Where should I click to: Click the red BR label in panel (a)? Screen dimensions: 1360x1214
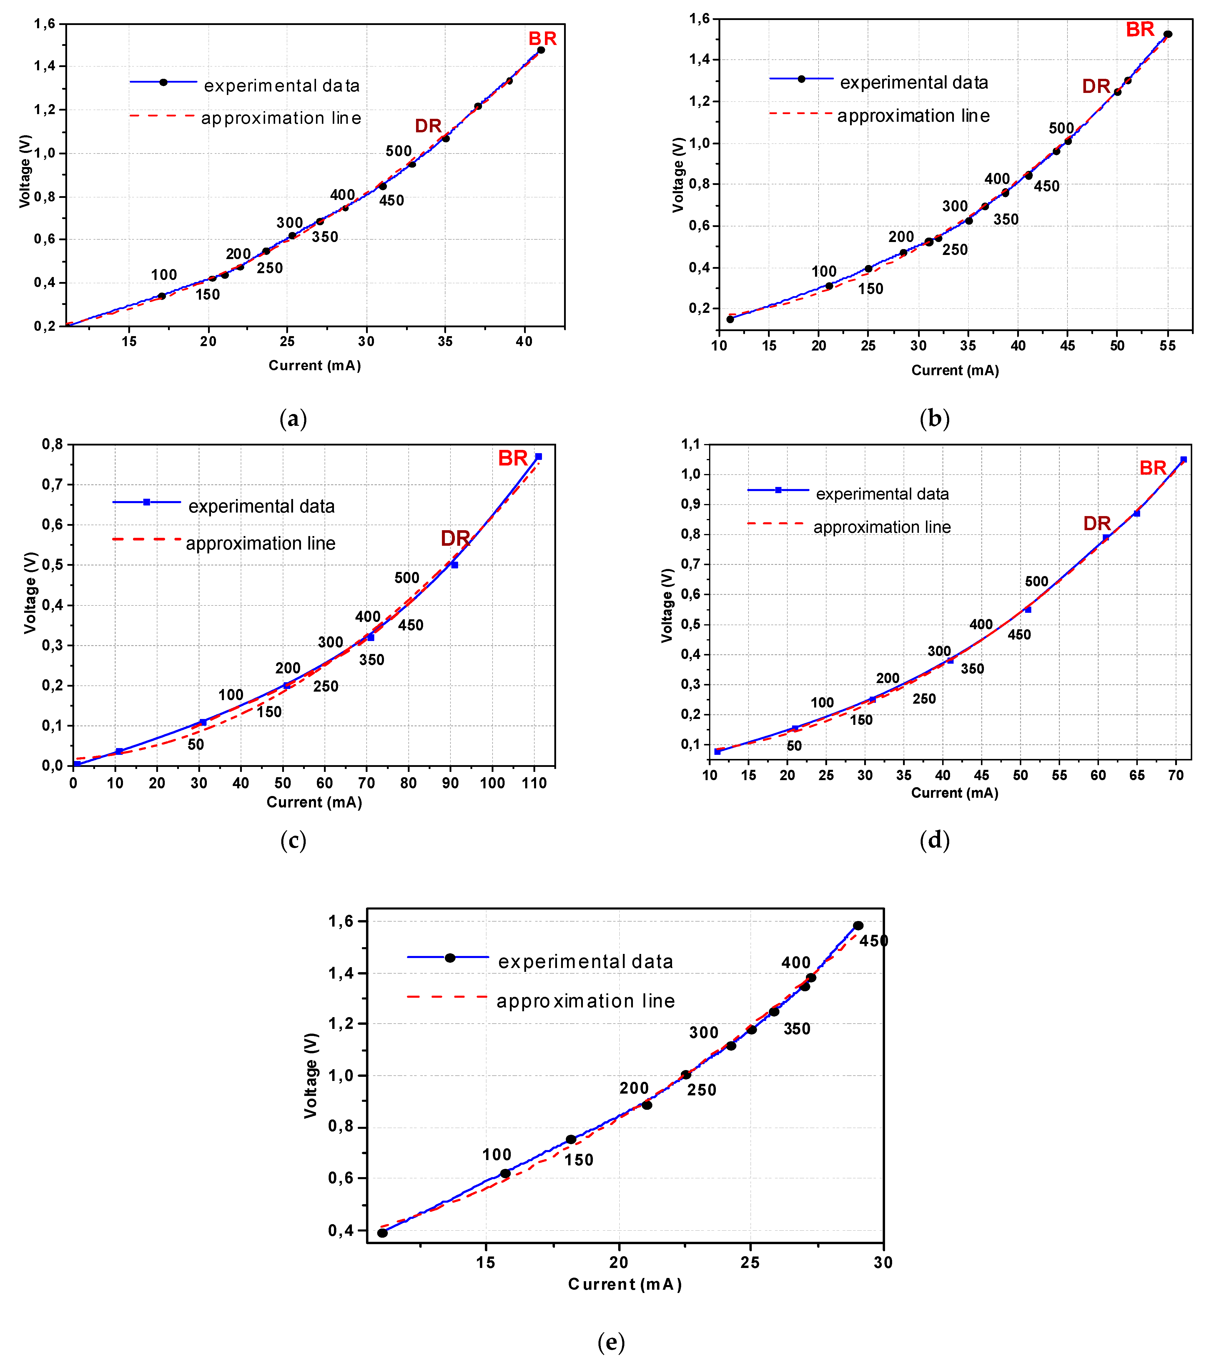(542, 39)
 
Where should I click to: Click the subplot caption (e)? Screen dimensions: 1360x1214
(611, 1341)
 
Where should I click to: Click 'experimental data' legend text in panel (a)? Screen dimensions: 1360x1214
(282, 86)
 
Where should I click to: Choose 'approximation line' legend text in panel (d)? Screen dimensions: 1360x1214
(882, 527)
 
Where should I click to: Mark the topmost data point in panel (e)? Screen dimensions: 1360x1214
(858, 926)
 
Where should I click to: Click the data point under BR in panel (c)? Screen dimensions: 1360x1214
(538, 457)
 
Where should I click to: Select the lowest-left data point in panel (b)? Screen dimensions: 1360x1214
(730, 319)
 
